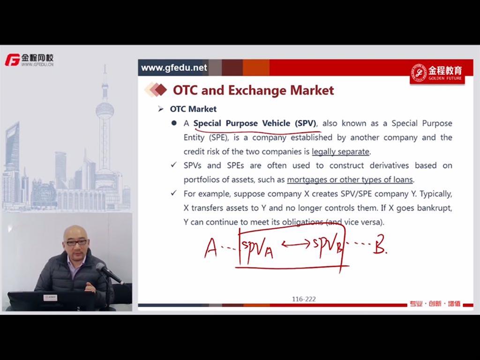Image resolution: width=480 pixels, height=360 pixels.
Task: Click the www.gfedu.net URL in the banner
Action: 174,67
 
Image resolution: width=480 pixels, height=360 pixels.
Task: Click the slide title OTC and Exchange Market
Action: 253,90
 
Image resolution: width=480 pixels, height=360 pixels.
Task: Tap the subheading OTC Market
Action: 193,109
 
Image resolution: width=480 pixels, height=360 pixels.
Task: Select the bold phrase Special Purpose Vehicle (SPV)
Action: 255,123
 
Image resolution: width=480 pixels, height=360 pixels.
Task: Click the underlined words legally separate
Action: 340,151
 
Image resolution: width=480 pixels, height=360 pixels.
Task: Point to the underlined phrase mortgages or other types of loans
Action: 350,180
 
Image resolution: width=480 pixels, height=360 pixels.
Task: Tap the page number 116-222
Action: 304,299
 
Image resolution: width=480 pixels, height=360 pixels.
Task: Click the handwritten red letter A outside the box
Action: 210,248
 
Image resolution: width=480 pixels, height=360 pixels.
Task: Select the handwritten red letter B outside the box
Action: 380,245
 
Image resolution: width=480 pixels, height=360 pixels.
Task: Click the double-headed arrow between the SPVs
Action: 295,244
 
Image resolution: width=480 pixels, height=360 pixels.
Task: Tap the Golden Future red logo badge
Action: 437,74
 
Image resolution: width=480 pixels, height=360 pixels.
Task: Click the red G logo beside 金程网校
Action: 12,60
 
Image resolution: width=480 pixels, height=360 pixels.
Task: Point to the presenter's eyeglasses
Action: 76,242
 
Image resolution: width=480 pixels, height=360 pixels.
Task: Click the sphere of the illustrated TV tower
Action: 105,111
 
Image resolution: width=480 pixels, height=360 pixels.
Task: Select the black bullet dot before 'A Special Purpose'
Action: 174,123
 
